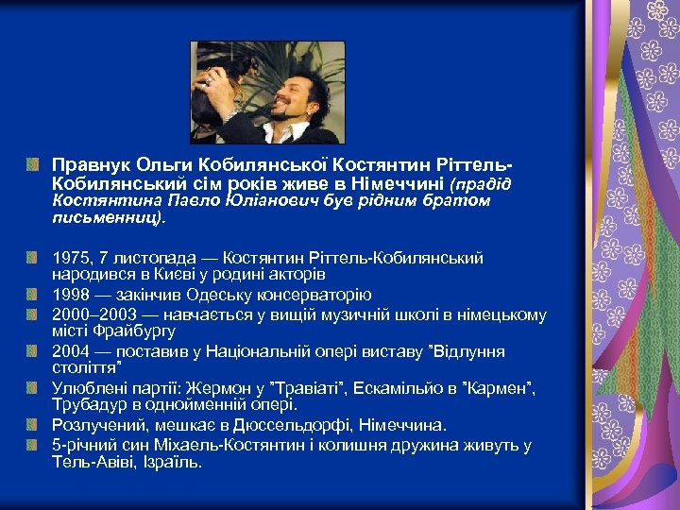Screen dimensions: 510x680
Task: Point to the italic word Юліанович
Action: tap(268, 200)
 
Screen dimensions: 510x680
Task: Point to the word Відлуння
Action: tap(468, 351)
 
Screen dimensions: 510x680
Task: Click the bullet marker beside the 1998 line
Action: tap(36, 295)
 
